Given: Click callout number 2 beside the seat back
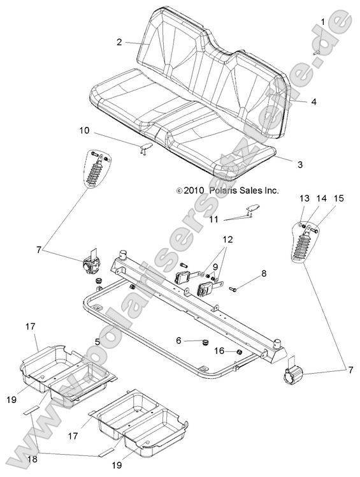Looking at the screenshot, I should pyautogui.click(x=119, y=42).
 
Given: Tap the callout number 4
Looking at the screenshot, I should pyautogui.click(x=313, y=101).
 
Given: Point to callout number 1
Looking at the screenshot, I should pyautogui.click(x=323, y=22).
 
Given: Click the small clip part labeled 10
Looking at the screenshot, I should pyautogui.click(x=147, y=147).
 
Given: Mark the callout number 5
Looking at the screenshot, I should pyautogui.click(x=97, y=342).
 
